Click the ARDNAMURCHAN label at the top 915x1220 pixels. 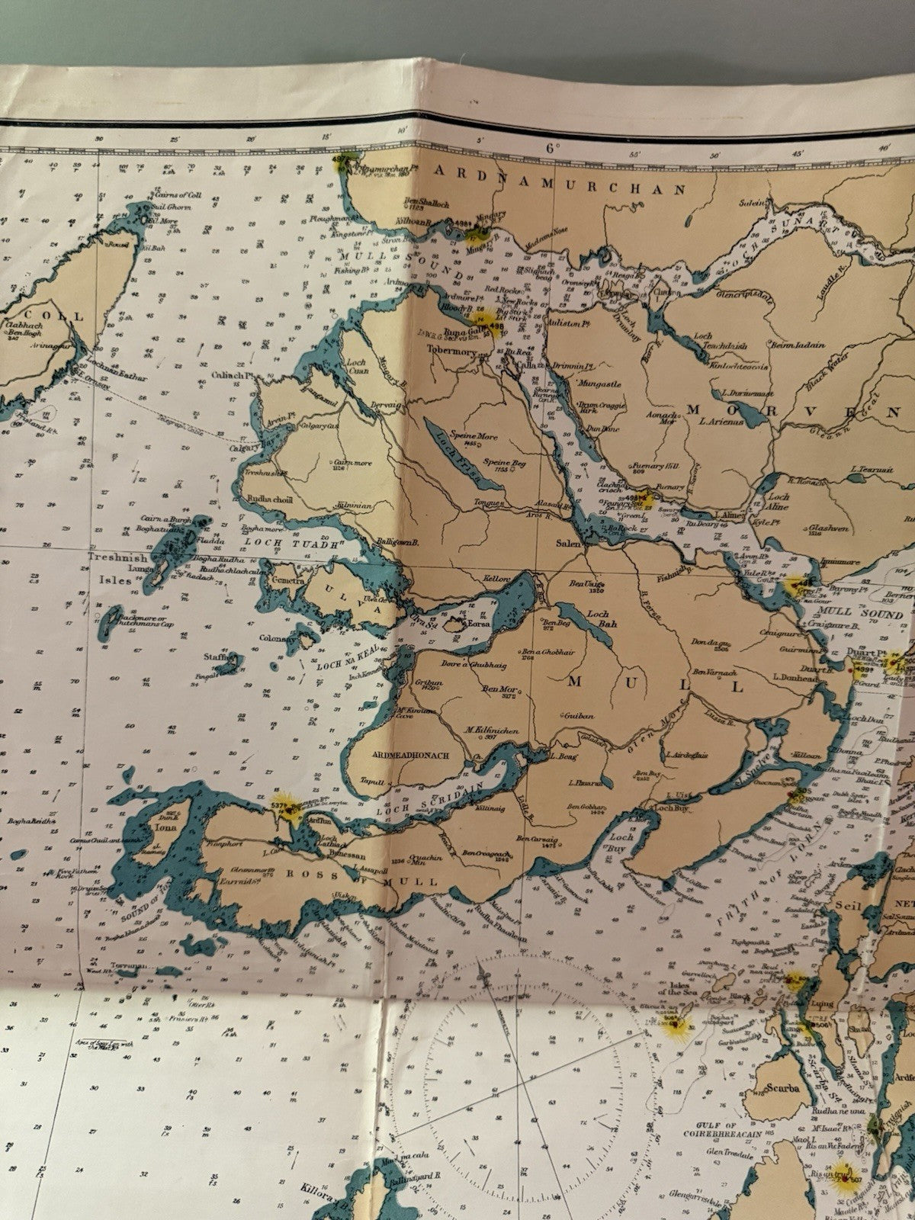pyautogui.click(x=560, y=171)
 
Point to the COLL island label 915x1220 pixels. pyautogui.click(x=67, y=315)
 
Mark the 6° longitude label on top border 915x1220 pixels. pyautogui.click(x=552, y=148)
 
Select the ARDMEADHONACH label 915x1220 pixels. pyautogui.click(x=408, y=755)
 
